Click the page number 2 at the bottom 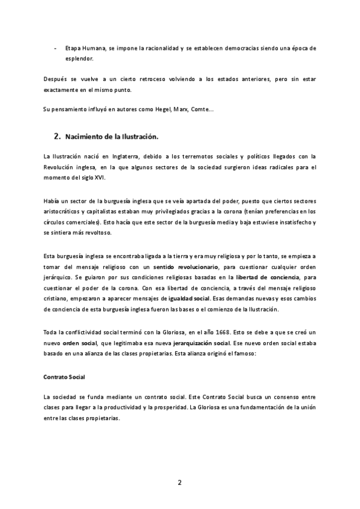[x=179, y=482]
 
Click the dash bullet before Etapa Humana [x=56, y=47]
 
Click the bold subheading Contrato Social [x=64, y=377]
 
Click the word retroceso [x=138, y=79]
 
